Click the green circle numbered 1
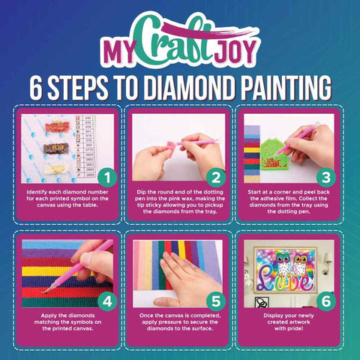point(106,177)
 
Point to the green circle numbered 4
point(106,301)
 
